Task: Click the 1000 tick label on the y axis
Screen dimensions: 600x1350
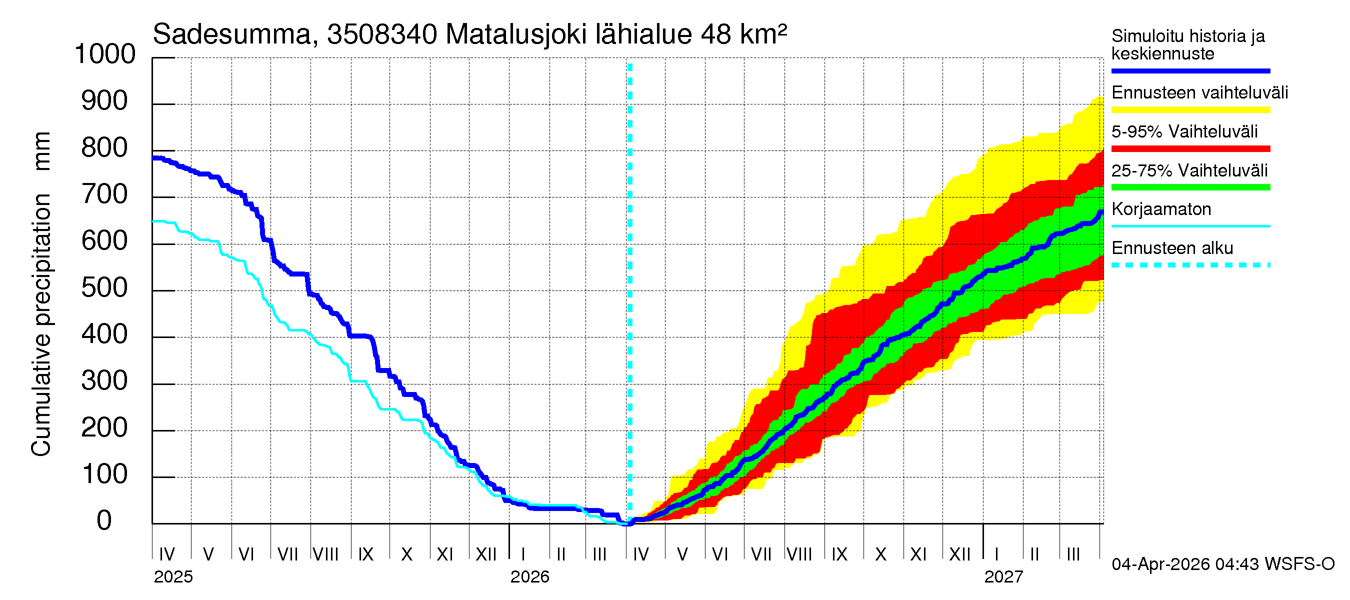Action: [x=105, y=54]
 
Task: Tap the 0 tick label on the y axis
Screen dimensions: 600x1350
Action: [x=104, y=520]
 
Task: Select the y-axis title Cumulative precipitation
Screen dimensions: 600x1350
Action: [x=41, y=325]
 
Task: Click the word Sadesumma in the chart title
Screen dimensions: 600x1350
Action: [x=231, y=34]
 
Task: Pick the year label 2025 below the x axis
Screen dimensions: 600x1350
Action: [x=173, y=576]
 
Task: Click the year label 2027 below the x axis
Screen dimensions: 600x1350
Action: [x=1003, y=576]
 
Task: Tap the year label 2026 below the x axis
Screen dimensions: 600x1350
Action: [x=529, y=576]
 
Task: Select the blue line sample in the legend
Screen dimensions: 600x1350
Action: [x=1190, y=70]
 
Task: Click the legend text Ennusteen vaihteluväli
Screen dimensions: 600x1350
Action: [x=1199, y=93]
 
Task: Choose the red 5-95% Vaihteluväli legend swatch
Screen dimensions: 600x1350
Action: [x=1190, y=149]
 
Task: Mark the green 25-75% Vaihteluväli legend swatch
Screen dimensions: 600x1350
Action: [x=1190, y=187]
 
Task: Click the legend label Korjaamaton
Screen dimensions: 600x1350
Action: [x=1161, y=209]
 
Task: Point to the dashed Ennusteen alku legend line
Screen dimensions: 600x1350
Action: [x=1190, y=265]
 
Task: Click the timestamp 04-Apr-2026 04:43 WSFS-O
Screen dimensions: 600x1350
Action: [x=1222, y=564]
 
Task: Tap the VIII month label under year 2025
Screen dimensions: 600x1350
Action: [x=325, y=554]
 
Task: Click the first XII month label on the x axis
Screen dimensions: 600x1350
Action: [x=486, y=554]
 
